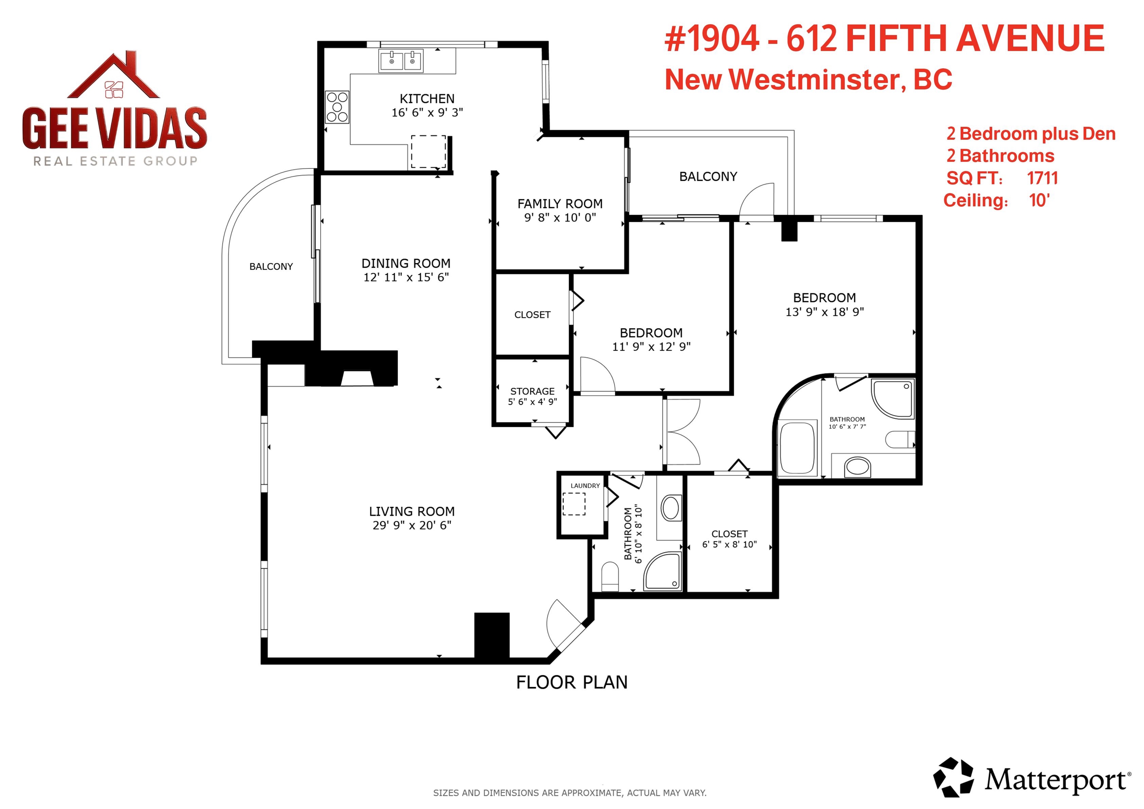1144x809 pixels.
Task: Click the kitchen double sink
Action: pos(401,61)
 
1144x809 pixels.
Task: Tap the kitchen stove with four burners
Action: pos(337,107)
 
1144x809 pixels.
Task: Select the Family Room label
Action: pos(560,204)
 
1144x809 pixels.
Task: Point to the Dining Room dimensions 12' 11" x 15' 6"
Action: pos(406,277)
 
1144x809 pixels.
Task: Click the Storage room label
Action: pos(532,391)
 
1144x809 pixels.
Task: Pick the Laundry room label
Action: pos(585,485)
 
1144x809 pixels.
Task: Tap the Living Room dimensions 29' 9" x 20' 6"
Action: pos(412,525)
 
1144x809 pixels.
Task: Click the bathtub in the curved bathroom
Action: pos(797,448)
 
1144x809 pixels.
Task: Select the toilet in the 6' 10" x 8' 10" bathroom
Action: pos(610,575)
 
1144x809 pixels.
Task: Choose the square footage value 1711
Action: pos(1042,178)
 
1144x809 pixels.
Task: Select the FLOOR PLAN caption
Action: pos(572,682)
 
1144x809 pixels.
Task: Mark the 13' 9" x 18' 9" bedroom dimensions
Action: pos(824,312)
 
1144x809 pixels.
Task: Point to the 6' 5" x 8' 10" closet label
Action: pos(730,539)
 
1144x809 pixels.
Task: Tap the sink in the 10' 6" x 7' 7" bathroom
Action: pos(857,468)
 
